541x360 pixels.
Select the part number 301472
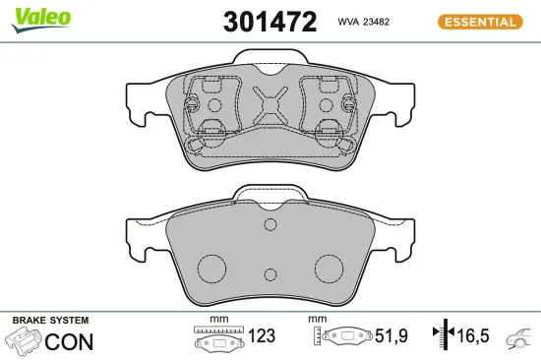270,22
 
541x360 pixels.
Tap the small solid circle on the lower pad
270,225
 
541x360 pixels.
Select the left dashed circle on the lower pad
210,269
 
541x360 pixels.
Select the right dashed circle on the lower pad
328,269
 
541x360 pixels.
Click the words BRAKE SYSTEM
49,321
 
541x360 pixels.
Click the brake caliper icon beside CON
26,341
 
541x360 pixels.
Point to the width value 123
262,335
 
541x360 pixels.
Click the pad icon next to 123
217,340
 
